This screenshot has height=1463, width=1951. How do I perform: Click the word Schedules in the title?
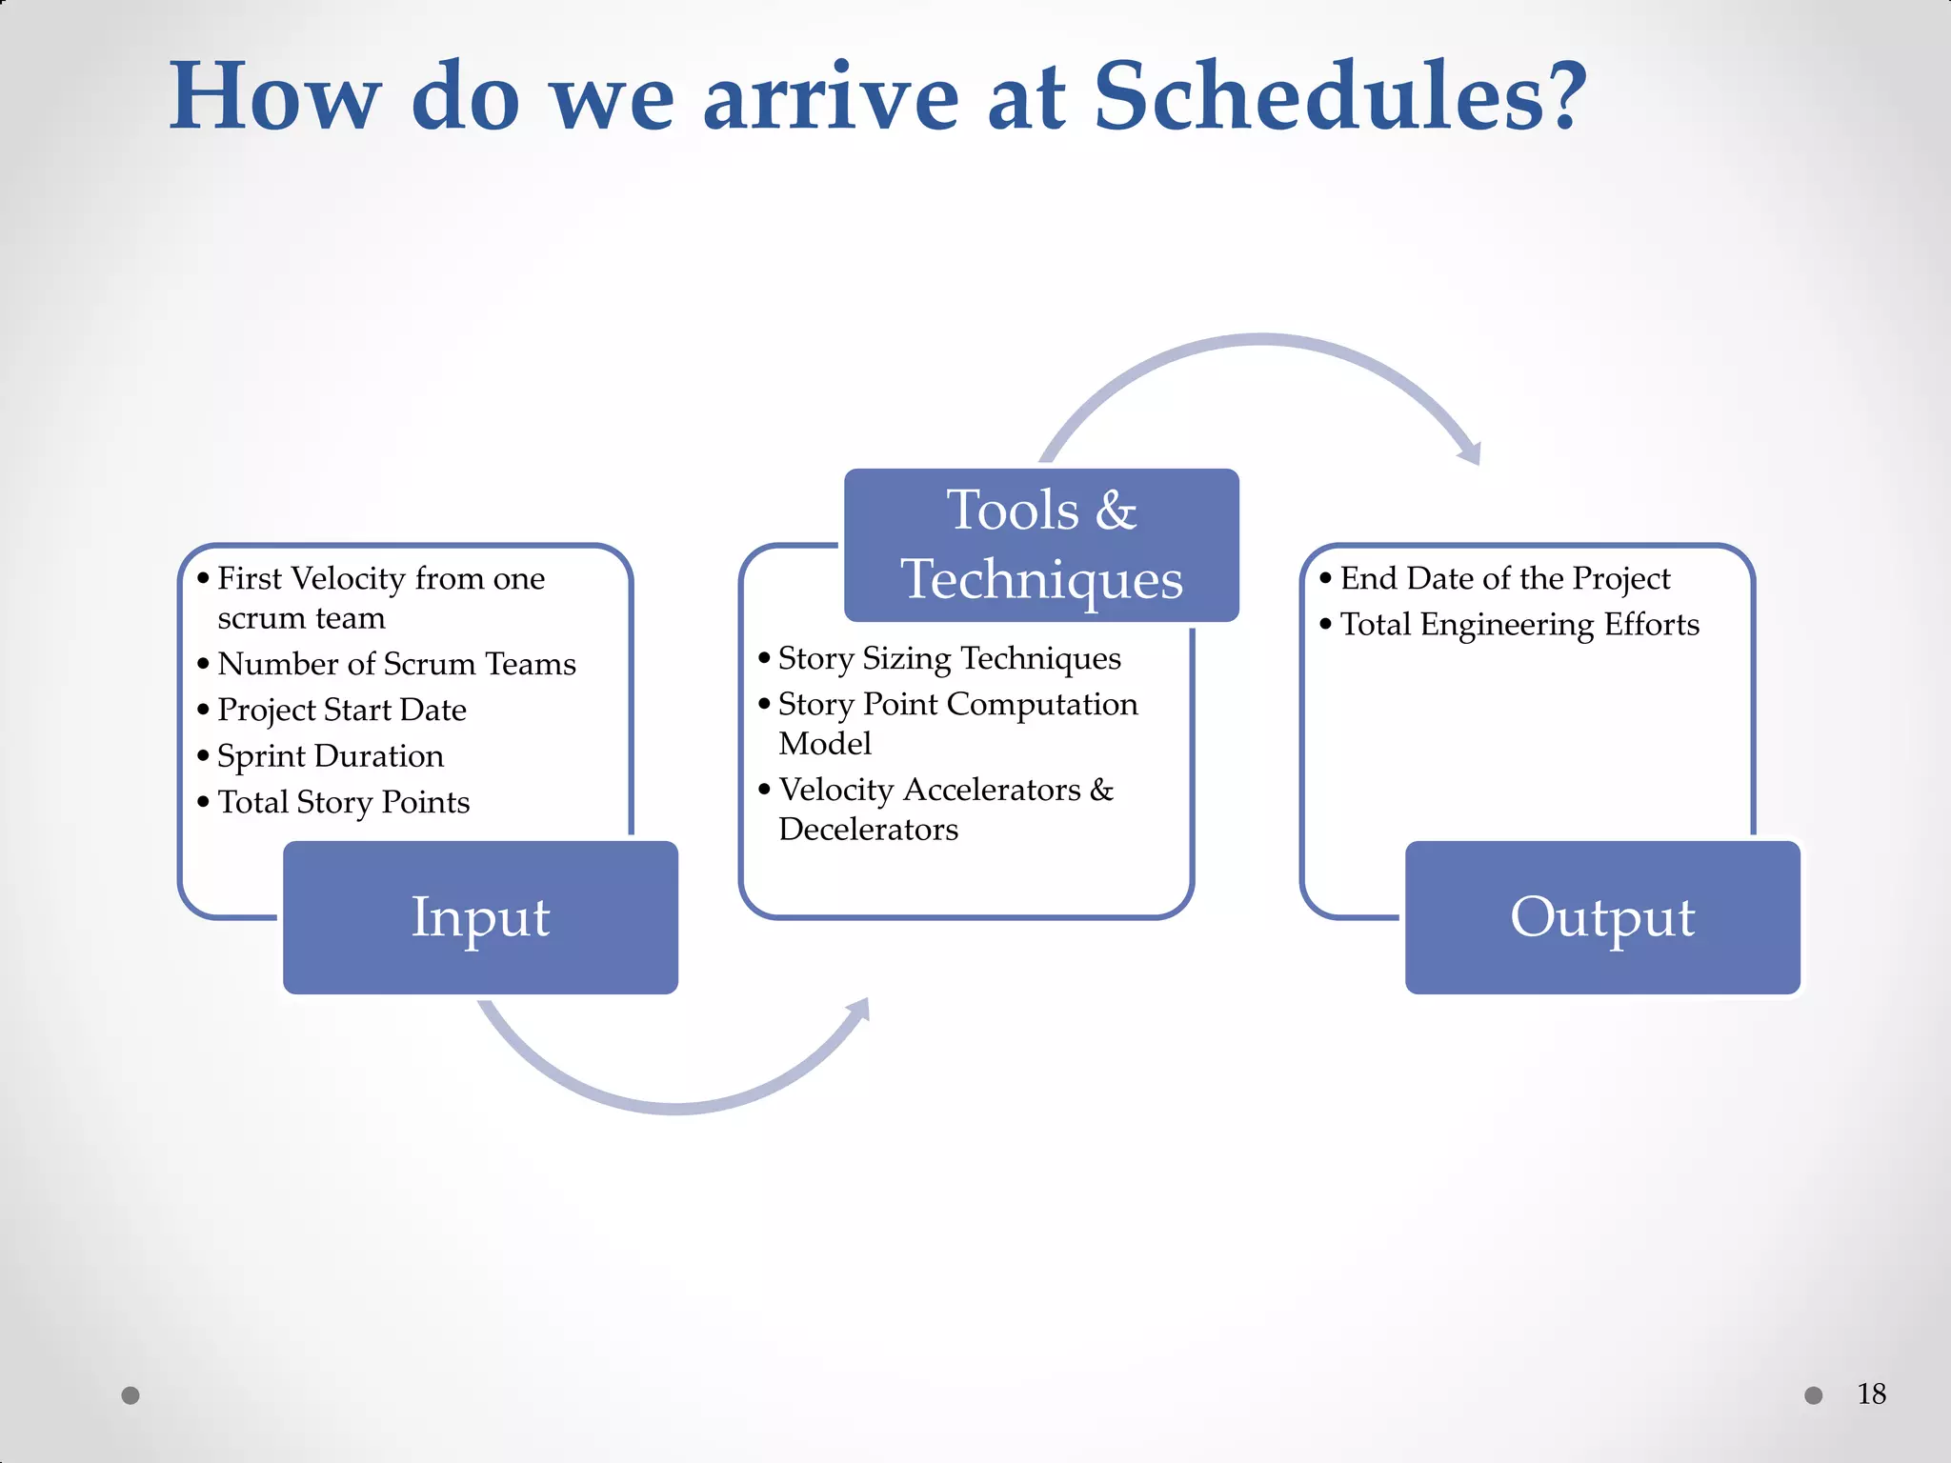click(x=1338, y=97)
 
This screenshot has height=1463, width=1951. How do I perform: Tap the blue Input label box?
click(x=480, y=917)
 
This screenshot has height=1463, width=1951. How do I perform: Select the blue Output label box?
click(x=1602, y=917)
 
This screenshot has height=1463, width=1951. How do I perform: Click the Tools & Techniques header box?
click(x=1041, y=545)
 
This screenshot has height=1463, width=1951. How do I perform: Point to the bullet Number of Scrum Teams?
click(x=396, y=664)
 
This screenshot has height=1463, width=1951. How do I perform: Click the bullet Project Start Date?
click(x=341, y=710)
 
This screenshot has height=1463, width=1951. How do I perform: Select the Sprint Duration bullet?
click(x=330, y=756)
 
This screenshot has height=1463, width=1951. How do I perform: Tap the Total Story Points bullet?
click(x=343, y=802)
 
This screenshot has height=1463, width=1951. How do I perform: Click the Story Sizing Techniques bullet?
click(x=949, y=658)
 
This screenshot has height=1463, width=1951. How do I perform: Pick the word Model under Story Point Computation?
click(x=825, y=744)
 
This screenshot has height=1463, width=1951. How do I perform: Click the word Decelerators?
click(x=868, y=830)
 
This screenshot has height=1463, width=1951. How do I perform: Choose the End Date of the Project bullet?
click(x=1504, y=578)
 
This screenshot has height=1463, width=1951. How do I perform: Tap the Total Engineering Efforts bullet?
click(x=1519, y=625)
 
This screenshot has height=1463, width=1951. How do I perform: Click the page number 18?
click(x=1871, y=1394)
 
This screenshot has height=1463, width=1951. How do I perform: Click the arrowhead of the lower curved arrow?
click(x=858, y=1010)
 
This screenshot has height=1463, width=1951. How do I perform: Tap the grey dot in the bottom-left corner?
click(x=131, y=1395)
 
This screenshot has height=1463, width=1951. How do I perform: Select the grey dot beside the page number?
click(x=1814, y=1395)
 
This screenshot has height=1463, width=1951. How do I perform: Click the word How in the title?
click(x=275, y=97)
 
